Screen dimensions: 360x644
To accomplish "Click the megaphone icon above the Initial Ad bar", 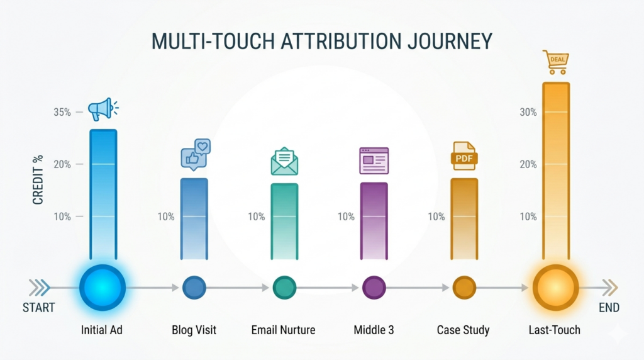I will coord(102,110).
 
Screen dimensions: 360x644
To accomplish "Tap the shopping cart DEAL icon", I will coord(556,62).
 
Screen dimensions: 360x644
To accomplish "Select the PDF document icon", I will coord(464,155).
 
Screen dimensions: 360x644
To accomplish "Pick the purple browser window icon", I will coord(374,160).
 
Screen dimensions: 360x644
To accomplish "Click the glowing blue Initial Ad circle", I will coord(103,288).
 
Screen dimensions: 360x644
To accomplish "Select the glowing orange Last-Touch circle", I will coord(555,288).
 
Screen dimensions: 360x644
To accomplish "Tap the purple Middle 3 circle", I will coord(374,288).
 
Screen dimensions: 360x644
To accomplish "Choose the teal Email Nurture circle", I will coord(284,288).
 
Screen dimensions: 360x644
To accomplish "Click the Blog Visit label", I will coord(194,330).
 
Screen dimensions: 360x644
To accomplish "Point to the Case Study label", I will coord(463,330).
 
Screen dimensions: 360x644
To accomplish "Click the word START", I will coord(39,308).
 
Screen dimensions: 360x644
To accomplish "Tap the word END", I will coord(609,308).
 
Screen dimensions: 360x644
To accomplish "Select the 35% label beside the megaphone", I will coord(62,113).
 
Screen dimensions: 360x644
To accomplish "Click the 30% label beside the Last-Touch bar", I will coord(528,112).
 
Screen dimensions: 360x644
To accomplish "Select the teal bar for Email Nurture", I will coord(284,220).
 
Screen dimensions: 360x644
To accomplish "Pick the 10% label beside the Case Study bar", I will coord(436,217).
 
